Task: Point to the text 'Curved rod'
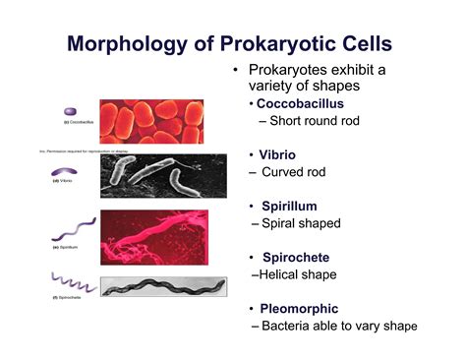[x=299, y=173]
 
